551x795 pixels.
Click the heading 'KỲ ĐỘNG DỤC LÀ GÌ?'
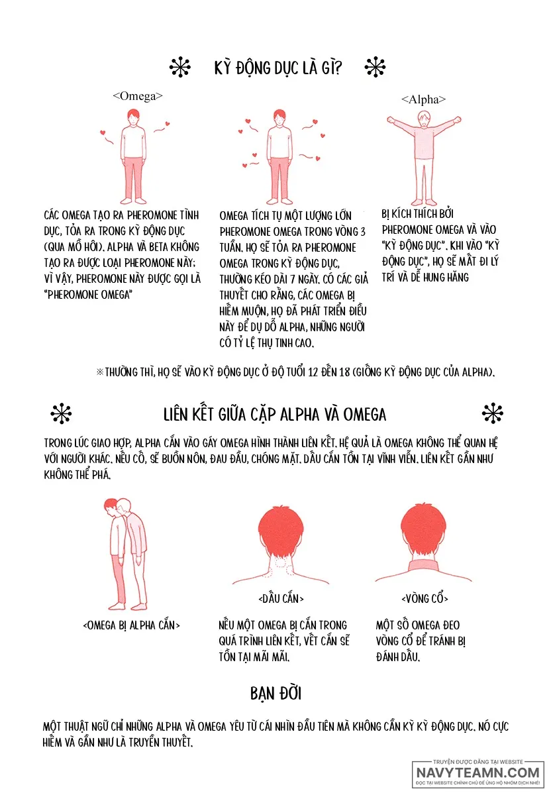277,68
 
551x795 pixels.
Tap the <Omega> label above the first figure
138,96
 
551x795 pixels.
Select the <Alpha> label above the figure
423,99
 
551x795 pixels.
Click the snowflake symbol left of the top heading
180,67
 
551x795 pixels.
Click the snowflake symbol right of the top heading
375,67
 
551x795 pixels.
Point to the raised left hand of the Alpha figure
391,120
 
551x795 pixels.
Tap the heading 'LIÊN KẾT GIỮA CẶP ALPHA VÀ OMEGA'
275,415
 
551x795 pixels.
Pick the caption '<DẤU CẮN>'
281,599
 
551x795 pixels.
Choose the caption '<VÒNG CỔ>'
425,599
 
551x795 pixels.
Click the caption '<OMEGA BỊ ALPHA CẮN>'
131,625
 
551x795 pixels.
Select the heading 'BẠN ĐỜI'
275,693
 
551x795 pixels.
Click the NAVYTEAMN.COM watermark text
478,772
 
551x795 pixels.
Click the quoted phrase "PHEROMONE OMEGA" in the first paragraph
88,295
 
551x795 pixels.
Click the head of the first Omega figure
133,117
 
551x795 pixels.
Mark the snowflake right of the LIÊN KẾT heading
493,413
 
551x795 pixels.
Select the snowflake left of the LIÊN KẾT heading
61,413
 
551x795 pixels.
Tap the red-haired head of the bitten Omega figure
111,505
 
